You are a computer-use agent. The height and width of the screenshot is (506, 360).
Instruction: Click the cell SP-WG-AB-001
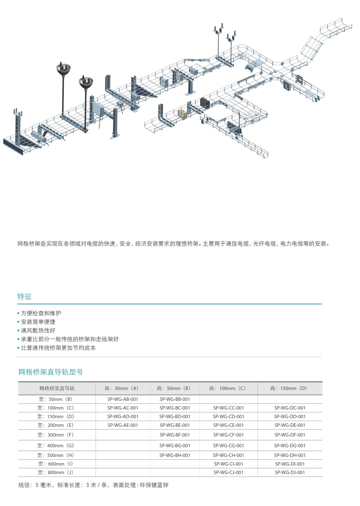tap(123, 399)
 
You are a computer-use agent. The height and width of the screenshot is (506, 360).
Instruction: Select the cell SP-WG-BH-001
tap(175, 455)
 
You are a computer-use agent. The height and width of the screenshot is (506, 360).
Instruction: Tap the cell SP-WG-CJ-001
tap(229, 473)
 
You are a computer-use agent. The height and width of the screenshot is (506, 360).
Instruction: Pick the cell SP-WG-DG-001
tap(290, 446)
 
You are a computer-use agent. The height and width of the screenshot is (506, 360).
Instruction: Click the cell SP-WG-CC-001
tap(229, 408)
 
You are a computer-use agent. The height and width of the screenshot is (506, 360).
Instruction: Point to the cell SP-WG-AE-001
tap(123, 425)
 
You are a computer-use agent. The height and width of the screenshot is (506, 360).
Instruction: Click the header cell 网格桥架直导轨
tap(57, 388)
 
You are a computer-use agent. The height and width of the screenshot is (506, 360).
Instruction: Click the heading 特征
tap(24, 297)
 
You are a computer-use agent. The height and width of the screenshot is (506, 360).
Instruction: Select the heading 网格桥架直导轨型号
tap(51, 372)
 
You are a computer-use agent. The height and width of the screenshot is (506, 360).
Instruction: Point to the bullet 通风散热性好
tap(38, 330)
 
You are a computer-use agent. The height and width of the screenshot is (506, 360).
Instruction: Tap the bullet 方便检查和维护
tap(41, 313)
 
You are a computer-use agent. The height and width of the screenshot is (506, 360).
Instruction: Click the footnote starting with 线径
tap(94, 485)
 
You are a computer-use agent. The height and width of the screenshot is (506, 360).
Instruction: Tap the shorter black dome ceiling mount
tap(86, 83)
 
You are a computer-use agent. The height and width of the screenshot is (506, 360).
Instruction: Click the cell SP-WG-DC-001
tap(290, 408)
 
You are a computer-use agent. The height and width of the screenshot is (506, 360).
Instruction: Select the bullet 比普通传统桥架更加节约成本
tap(58, 348)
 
